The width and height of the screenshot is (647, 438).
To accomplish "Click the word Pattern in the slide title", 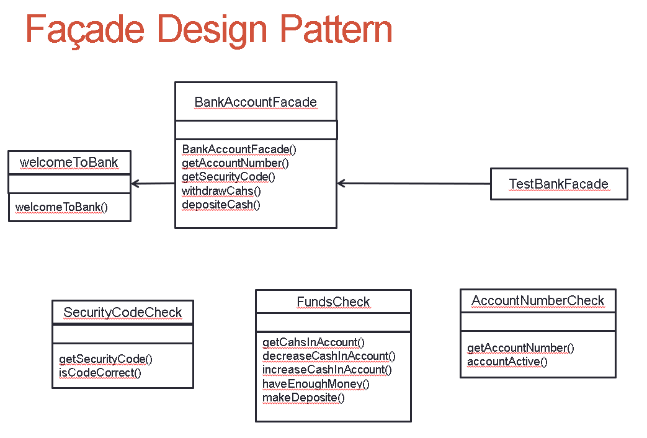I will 336,29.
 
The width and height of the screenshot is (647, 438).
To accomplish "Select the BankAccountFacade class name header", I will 256,102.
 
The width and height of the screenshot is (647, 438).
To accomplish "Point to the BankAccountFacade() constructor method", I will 239,150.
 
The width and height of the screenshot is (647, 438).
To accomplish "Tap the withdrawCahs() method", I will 221,190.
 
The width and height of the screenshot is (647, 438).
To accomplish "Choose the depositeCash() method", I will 221,204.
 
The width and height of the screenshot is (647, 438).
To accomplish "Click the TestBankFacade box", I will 558,184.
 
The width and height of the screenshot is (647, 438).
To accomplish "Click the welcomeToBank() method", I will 61,207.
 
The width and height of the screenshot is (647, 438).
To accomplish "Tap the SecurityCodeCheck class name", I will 123,312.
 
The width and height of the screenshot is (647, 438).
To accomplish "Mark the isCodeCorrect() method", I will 100,373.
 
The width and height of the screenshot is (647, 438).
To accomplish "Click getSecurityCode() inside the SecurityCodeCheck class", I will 105,359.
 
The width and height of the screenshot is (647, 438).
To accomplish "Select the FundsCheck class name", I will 333,302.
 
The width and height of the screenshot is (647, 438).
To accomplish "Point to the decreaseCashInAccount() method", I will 329,356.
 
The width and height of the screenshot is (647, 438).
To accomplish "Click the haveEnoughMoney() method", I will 316,383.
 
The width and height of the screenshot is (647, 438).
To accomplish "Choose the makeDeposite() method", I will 303,397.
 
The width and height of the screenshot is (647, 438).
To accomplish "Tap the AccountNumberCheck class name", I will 538,301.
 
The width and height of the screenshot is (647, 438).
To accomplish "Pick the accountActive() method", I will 507,362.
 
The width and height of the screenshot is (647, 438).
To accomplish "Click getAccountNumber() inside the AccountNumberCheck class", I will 520,348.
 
